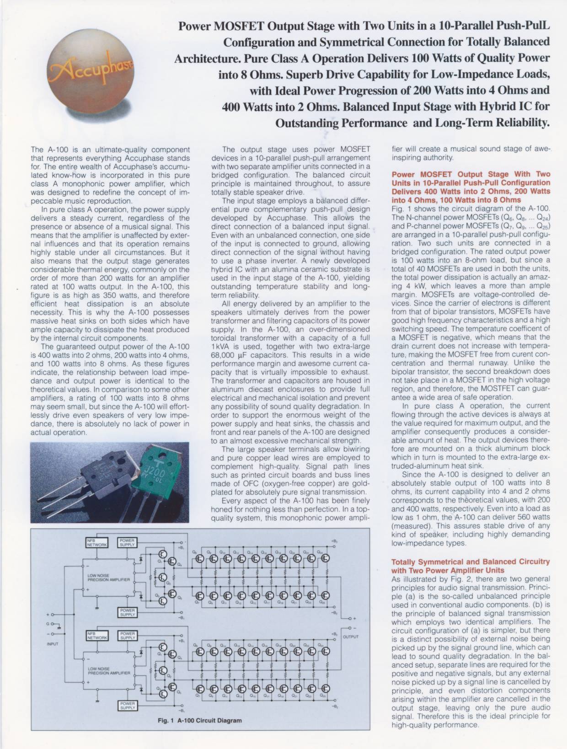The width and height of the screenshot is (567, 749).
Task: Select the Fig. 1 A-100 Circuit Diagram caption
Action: [x=199, y=733]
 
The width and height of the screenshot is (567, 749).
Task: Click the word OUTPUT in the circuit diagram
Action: [x=350, y=637]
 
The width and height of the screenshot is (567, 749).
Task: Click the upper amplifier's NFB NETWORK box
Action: [x=96, y=543]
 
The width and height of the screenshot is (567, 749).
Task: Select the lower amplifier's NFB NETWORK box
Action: [x=96, y=635]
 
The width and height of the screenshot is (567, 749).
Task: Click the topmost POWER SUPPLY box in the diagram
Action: [x=128, y=543]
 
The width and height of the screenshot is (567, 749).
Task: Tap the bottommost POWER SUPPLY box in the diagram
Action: [x=128, y=718]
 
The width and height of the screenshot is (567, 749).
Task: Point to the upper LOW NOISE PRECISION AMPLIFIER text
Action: [x=109, y=578]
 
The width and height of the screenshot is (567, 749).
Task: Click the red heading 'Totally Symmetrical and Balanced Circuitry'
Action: [x=471, y=562]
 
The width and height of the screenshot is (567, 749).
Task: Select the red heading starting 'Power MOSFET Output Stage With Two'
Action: [x=471, y=174]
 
